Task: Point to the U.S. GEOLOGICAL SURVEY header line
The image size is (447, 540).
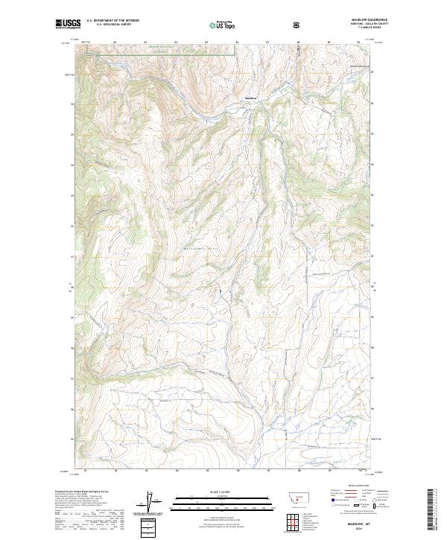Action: [x=113, y=25]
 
